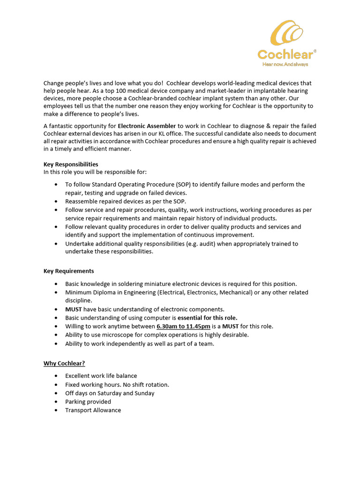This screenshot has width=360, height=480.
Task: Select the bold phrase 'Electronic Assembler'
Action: point(147,126)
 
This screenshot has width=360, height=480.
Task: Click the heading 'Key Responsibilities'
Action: point(71,164)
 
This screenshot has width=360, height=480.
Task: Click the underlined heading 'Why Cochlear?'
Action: point(64,363)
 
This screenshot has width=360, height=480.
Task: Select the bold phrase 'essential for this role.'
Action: point(207,318)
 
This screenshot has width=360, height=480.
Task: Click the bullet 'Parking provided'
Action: point(88,402)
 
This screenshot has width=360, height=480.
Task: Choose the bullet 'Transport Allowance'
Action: point(93,410)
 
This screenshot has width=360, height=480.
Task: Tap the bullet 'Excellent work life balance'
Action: point(101,376)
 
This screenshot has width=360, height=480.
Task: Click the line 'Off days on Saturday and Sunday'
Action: point(110,393)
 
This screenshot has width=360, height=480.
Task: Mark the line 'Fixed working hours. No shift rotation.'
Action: point(117,384)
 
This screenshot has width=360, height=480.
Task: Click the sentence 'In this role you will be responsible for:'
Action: point(95,172)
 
